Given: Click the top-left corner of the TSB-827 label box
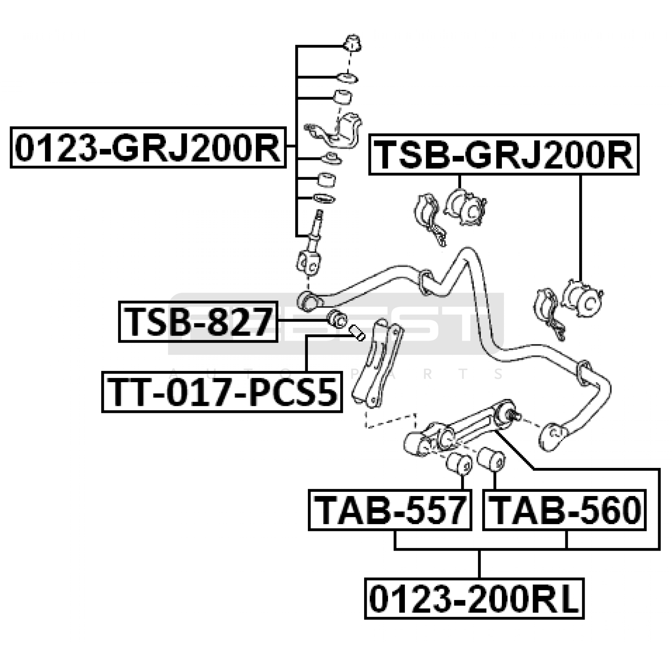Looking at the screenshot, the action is pos(119,302).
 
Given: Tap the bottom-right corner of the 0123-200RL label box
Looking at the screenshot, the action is pos(583,618).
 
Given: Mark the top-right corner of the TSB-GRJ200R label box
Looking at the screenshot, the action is pos(638,134).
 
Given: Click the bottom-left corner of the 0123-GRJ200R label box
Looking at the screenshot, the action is pos(11,167).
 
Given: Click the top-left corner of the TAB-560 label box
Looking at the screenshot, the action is pos(483,490).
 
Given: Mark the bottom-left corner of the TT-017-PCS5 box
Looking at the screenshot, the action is pos(102,412).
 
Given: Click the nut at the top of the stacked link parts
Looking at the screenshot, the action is pos(352,44).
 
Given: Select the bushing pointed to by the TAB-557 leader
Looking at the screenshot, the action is pos(459,462).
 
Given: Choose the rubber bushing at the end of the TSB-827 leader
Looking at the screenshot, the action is pos(337,319).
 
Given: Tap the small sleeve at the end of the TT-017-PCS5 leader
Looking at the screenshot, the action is pos(357,333).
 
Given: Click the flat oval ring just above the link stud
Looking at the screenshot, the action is pos(324,198).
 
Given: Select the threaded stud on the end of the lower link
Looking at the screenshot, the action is pos(515,417).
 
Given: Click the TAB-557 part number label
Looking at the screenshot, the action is pos(390,510).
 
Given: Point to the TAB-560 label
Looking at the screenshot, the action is pos(564,510).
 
